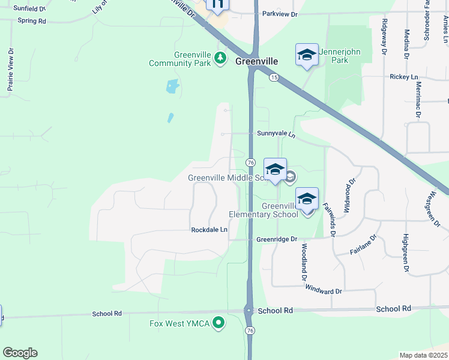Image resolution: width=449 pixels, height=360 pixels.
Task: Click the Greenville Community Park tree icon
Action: click(x=221, y=58)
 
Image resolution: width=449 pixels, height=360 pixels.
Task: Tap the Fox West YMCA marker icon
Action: click(x=219, y=323)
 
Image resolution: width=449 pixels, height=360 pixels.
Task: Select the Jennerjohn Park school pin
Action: click(x=307, y=56)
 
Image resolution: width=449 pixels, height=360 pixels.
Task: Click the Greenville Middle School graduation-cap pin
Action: click(x=275, y=170)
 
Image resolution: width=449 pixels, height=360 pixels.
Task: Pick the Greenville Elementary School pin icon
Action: click(x=307, y=199)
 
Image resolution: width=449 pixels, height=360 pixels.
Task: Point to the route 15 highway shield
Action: click(x=274, y=77)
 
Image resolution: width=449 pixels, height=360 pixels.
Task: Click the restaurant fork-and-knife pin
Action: click(x=217, y=5)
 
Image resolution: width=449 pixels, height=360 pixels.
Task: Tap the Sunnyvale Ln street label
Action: click(x=277, y=134)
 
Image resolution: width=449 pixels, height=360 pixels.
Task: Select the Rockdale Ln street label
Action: click(x=209, y=230)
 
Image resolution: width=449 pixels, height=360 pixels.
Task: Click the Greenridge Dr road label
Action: click(x=277, y=239)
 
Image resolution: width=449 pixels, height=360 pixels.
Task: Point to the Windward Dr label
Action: click(x=323, y=291)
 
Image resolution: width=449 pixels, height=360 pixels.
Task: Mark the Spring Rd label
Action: click(x=32, y=20)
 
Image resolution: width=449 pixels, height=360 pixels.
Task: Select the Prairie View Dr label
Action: click(x=10, y=70)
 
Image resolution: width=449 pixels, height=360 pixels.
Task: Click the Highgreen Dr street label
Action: click(x=406, y=254)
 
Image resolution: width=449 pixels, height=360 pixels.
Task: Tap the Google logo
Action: click(x=20, y=353)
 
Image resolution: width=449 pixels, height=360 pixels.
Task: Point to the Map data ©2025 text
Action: click(x=423, y=355)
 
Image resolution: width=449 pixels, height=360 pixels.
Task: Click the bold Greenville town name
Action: click(x=257, y=61)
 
